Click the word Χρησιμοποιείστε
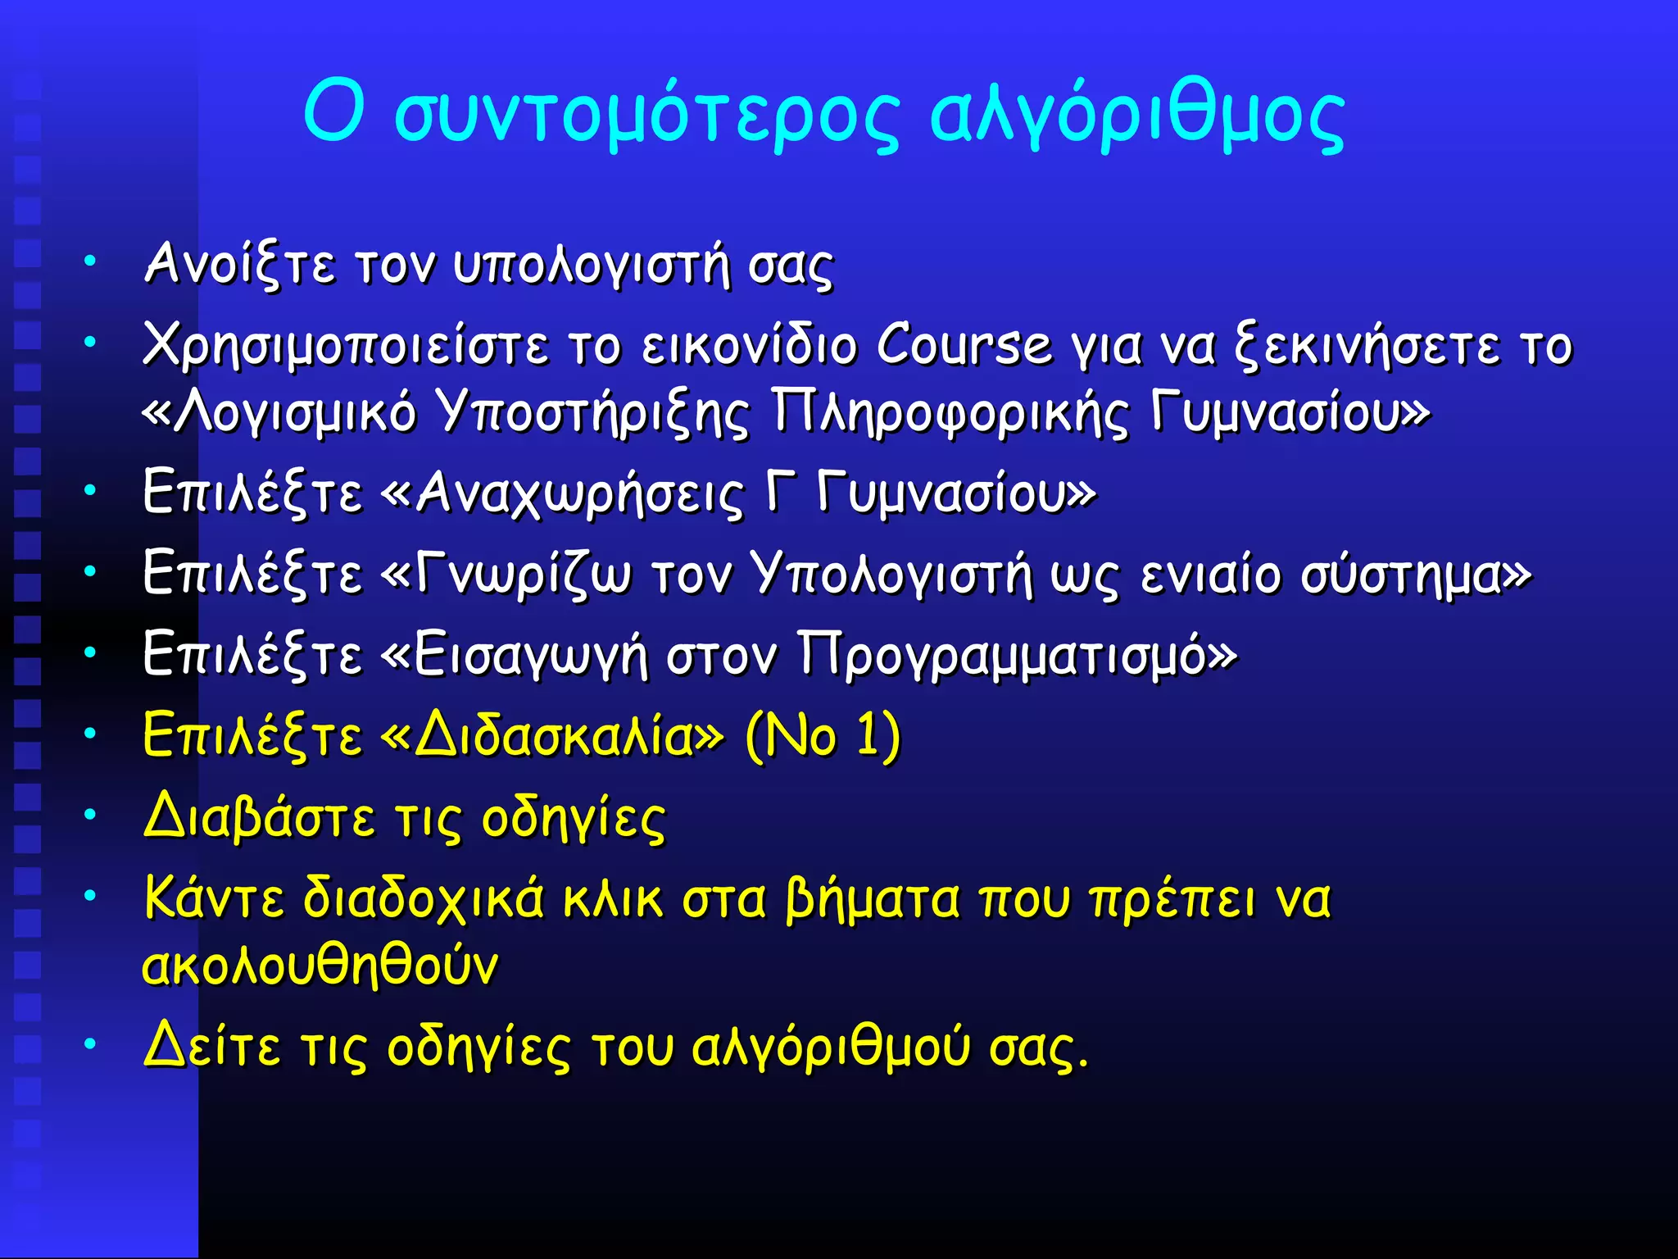pos(345,346)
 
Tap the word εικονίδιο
pos(749,346)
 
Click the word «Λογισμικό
pos(279,411)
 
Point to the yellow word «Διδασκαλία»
pos(553,735)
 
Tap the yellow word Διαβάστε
pos(259,817)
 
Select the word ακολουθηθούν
pos(320,965)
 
